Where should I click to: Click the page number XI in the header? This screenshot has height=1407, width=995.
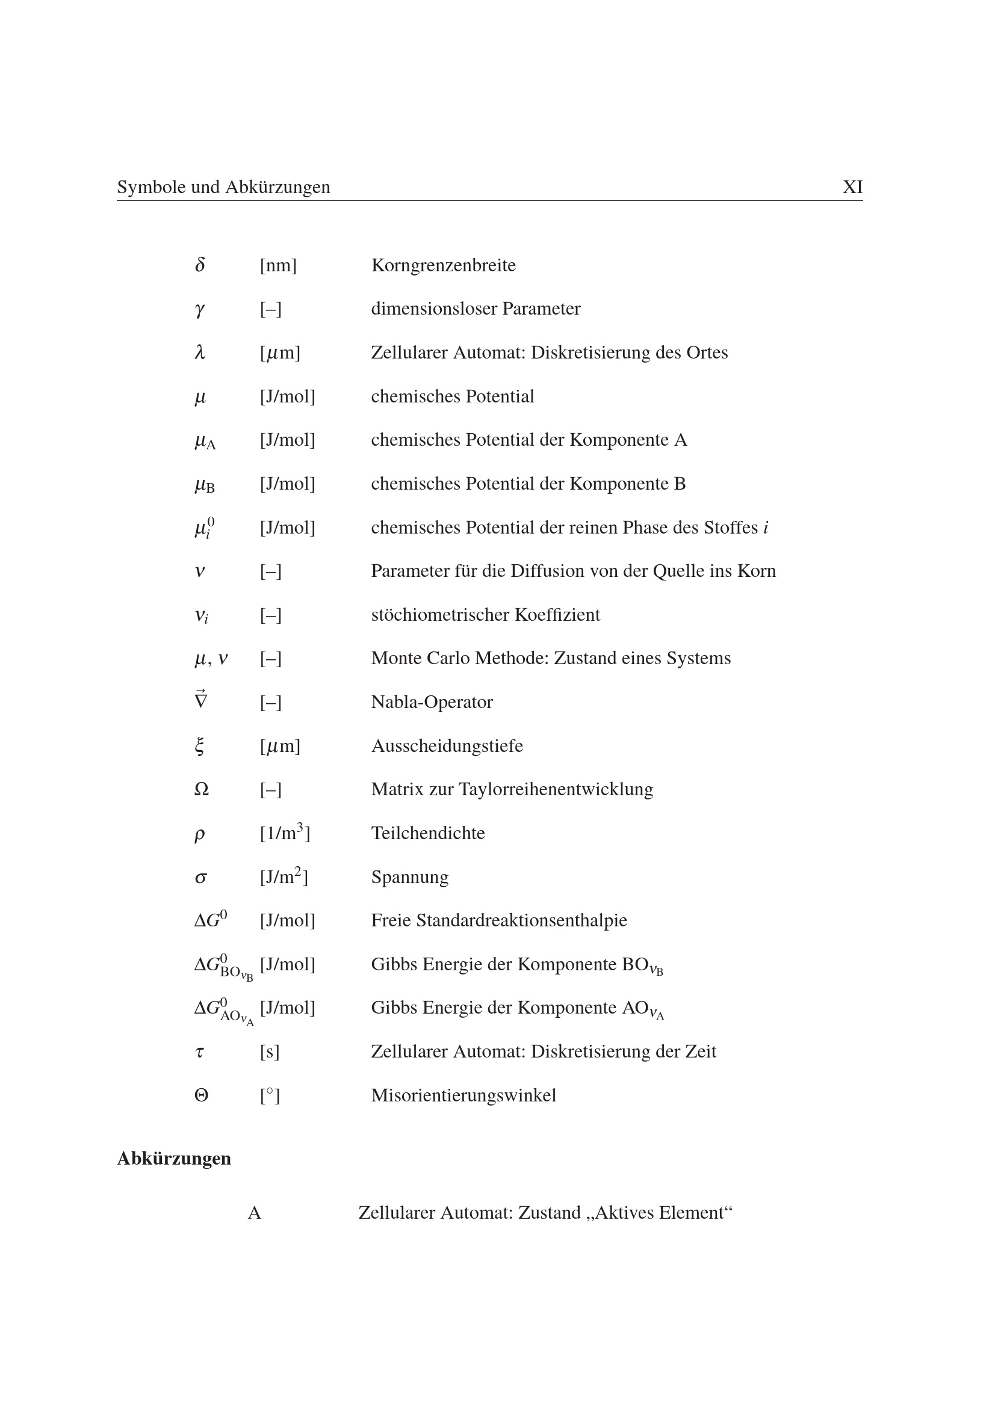click(x=852, y=187)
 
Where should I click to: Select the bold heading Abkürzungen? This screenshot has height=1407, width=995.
click(x=174, y=1158)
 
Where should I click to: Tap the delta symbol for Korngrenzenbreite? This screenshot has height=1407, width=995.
click(x=200, y=265)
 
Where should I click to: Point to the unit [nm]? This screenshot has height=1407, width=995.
click(x=277, y=265)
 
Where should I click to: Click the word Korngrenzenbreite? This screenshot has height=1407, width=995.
click(x=443, y=265)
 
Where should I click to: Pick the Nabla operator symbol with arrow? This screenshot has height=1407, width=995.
click(x=200, y=700)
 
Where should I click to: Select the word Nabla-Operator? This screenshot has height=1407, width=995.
click(x=432, y=701)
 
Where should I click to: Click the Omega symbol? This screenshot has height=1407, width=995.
click(x=201, y=789)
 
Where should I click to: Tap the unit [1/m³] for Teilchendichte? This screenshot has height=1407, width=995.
click(x=285, y=832)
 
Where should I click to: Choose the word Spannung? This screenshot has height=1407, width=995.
click(x=409, y=877)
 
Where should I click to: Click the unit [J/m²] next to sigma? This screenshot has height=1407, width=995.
click(x=284, y=876)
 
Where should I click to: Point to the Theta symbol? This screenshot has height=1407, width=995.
click(x=201, y=1095)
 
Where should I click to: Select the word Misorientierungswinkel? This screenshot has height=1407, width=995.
click(x=463, y=1095)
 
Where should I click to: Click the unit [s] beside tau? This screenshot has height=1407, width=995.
click(x=269, y=1051)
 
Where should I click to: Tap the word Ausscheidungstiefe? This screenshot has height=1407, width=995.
click(x=447, y=746)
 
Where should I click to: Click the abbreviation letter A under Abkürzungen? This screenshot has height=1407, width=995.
click(x=255, y=1213)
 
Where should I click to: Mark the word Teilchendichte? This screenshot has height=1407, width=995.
click(x=428, y=833)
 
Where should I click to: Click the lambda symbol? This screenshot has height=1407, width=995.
click(x=200, y=353)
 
